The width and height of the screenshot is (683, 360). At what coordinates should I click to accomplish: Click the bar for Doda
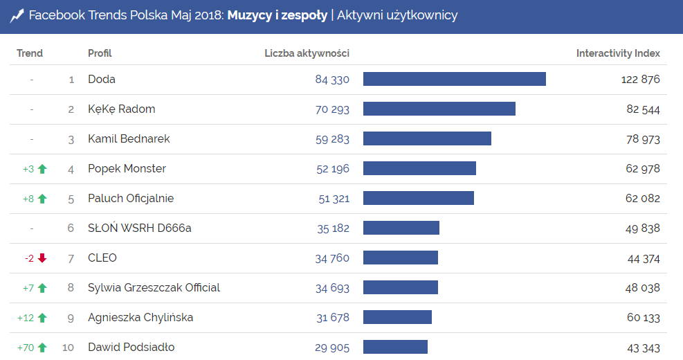click(454, 79)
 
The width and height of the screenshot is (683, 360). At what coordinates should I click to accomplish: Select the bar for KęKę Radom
click(439, 109)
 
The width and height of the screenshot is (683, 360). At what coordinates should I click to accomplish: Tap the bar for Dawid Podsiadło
click(395, 347)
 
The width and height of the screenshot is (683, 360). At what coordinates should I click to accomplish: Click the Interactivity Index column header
click(618, 53)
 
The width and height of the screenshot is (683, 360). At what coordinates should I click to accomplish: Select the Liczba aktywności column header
click(307, 53)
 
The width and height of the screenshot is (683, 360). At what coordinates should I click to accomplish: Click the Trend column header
click(30, 53)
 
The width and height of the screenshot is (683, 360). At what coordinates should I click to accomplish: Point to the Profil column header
click(100, 53)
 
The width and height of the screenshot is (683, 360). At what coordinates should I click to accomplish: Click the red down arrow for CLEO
click(42, 258)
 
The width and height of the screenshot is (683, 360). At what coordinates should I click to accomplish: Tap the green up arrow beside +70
click(42, 348)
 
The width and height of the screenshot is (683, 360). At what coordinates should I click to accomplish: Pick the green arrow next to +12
click(42, 318)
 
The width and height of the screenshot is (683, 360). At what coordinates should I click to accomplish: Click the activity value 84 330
click(332, 80)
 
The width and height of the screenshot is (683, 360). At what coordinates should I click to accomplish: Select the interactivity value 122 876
click(640, 80)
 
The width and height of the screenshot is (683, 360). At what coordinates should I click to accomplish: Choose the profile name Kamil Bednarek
click(129, 139)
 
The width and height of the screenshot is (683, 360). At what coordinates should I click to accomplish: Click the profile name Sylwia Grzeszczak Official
click(154, 288)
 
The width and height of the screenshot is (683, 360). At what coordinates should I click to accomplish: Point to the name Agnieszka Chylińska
click(140, 318)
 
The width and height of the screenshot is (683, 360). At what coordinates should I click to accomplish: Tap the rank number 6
click(71, 228)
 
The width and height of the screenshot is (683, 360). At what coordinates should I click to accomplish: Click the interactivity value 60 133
click(643, 318)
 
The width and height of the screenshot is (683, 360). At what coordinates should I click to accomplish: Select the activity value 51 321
click(334, 199)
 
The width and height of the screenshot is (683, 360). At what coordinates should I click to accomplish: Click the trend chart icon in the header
click(17, 16)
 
